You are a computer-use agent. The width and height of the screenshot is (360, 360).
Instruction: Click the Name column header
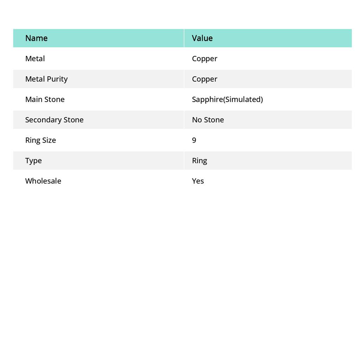tap(36, 38)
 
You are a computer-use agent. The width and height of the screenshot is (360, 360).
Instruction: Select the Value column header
tap(202, 38)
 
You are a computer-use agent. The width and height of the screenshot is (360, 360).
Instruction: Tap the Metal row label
tap(35, 59)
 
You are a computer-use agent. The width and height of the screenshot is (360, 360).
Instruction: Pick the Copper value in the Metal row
tap(205, 59)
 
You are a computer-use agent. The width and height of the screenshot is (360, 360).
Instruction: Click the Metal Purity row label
tap(46, 79)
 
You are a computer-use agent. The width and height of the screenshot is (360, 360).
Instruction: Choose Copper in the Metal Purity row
tap(205, 79)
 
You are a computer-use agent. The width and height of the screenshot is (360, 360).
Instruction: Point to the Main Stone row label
tap(45, 99)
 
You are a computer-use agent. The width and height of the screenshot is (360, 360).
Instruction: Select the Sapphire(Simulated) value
tap(227, 99)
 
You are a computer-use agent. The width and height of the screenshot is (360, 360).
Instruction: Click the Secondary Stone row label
tap(54, 120)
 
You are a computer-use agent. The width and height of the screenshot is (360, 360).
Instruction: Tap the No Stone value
tap(208, 120)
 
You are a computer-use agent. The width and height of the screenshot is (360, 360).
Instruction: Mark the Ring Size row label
tap(40, 140)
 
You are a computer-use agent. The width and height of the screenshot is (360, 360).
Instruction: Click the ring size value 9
tap(194, 140)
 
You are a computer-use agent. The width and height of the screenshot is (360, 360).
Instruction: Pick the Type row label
tap(33, 161)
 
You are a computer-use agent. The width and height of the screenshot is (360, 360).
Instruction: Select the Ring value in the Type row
tap(199, 161)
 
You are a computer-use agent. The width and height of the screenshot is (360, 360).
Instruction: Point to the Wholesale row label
tap(43, 181)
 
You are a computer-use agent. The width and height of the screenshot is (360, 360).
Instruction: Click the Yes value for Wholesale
tap(198, 181)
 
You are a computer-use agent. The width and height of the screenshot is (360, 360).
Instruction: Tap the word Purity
tap(57, 79)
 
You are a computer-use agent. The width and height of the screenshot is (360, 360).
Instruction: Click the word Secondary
tap(43, 120)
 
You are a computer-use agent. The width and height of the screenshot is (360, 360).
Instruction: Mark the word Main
tap(33, 99)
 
